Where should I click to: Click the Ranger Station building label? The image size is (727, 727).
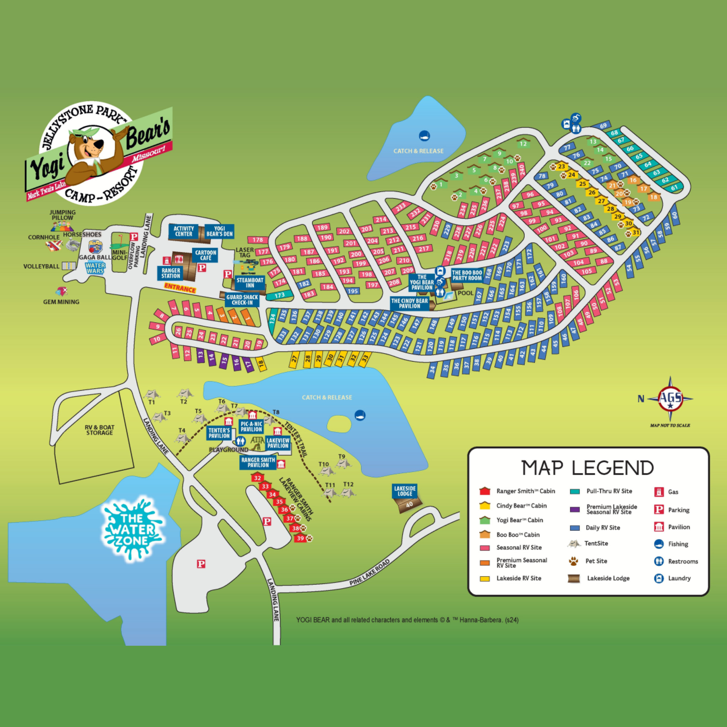(171, 273)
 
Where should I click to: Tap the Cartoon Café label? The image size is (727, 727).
(206, 255)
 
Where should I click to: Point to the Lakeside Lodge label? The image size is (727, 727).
(405, 491)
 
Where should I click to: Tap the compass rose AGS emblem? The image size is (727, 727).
(670, 399)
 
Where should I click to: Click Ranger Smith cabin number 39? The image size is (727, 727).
(300, 539)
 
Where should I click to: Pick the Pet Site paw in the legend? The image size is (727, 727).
(574, 562)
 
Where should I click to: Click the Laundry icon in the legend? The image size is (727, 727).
(659, 578)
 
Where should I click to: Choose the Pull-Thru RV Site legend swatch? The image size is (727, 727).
(575, 491)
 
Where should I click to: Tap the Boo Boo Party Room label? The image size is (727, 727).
(467, 275)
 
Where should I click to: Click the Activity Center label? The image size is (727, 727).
(184, 231)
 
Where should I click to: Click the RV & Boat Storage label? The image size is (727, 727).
(99, 430)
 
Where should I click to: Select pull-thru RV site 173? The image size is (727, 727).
(279, 295)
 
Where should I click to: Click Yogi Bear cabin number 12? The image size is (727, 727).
(523, 144)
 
